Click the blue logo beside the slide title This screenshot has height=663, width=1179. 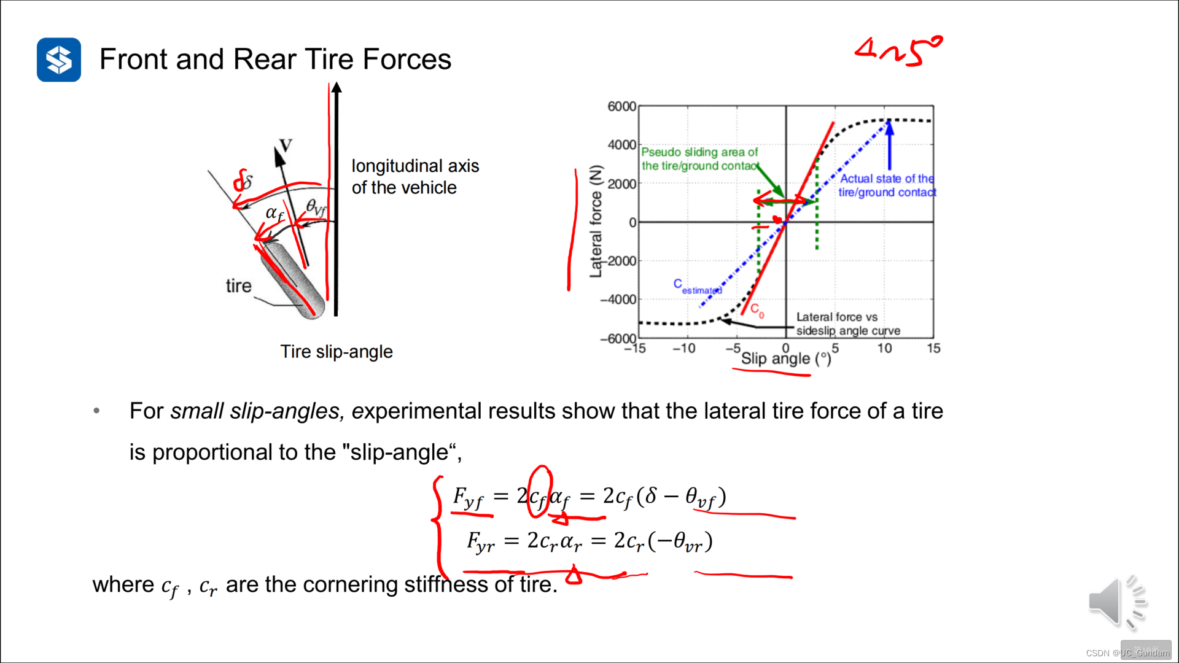[59, 60]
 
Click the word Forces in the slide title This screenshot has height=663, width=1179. [407, 60]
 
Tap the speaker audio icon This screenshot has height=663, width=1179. [1116, 603]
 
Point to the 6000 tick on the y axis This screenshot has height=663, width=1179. [621, 106]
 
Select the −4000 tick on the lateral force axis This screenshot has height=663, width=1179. [618, 300]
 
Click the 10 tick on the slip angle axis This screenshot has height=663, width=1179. [884, 349]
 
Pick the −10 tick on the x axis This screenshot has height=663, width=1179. [683, 349]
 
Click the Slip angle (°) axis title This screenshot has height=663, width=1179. [786, 359]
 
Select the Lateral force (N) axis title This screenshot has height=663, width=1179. [596, 222]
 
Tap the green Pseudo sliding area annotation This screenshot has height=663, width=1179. [699, 159]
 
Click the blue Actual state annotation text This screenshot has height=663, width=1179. [887, 185]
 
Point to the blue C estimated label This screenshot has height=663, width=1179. [697, 287]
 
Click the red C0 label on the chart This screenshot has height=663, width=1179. [757, 311]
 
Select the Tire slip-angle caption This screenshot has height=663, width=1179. [337, 352]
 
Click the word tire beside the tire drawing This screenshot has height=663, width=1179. [238, 286]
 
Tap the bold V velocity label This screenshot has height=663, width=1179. [286, 145]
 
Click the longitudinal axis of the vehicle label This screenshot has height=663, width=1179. [415, 177]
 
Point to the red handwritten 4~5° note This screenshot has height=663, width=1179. [898, 51]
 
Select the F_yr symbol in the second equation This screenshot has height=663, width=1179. [480, 542]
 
